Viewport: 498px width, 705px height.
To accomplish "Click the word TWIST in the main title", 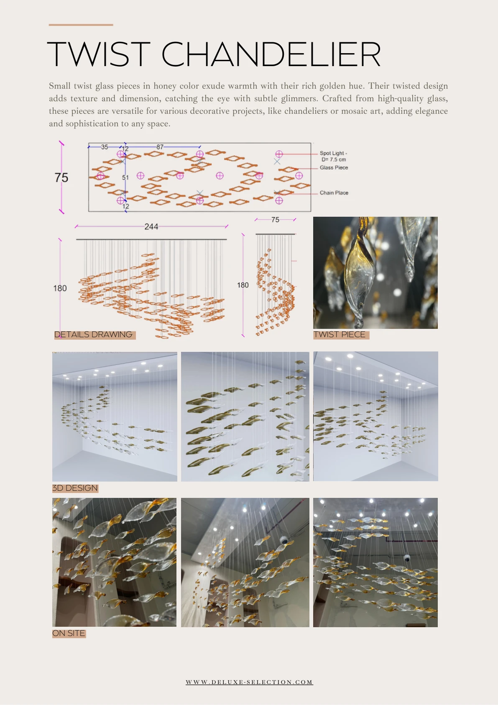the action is click(x=98, y=54).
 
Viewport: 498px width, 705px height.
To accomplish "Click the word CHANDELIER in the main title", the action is click(x=271, y=54).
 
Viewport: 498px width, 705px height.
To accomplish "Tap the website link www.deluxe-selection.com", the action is click(x=249, y=682).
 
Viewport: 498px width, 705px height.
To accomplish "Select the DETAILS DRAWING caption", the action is click(x=93, y=335).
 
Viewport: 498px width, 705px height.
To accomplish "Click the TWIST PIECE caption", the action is click(x=340, y=335).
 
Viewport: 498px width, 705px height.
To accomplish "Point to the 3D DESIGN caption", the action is click(x=75, y=488).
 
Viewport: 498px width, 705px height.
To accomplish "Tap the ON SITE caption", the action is click(x=69, y=633).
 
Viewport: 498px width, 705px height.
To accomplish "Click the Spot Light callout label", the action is click(x=334, y=156).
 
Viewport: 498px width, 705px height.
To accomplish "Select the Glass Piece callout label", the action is click(x=334, y=167).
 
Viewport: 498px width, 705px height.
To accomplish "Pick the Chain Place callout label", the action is click(x=334, y=192).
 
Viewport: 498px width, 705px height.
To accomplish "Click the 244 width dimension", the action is click(x=151, y=227).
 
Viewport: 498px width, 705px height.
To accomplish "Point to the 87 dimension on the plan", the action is click(x=160, y=147).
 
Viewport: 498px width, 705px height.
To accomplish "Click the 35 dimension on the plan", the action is click(x=105, y=147).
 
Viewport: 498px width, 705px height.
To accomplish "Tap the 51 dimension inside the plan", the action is click(x=125, y=177).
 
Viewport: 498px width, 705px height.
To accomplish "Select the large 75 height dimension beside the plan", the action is click(x=61, y=177).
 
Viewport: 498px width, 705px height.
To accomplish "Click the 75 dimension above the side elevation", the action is click(x=275, y=220).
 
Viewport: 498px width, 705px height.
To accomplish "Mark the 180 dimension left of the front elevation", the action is click(x=60, y=288).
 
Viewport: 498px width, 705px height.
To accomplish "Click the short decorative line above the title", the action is click(x=81, y=25).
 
